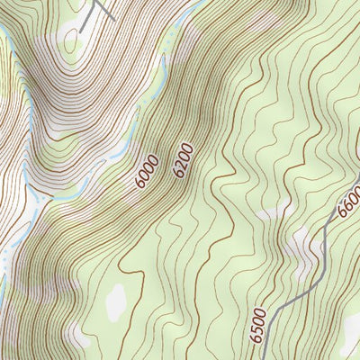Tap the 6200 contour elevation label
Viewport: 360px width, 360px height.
coord(184,159)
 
